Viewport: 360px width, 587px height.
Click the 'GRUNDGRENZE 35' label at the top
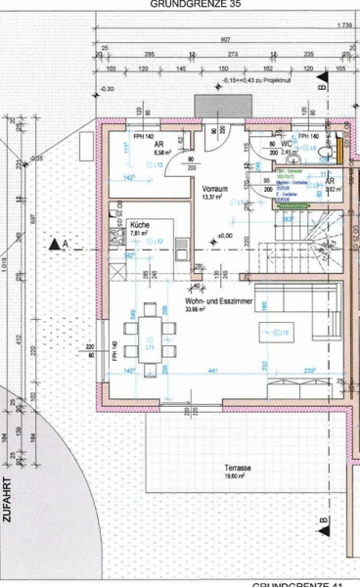(x=195, y=4)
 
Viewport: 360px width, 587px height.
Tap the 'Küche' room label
(x=141, y=225)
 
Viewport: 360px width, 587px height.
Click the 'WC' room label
(x=290, y=144)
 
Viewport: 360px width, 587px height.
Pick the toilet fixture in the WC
(x=327, y=153)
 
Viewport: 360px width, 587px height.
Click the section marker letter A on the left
(x=66, y=242)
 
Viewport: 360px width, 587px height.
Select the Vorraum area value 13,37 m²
(x=214, y=197)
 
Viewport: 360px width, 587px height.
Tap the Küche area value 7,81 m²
(x=142, y=234)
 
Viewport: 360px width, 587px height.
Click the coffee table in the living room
(x=273, y=334)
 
